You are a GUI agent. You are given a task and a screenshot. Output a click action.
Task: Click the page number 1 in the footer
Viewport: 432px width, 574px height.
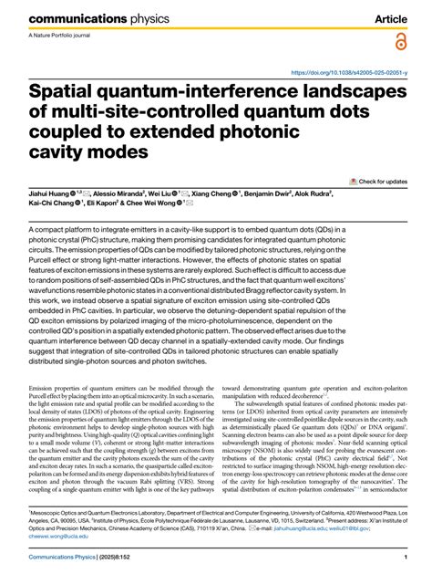click(403, 558)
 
